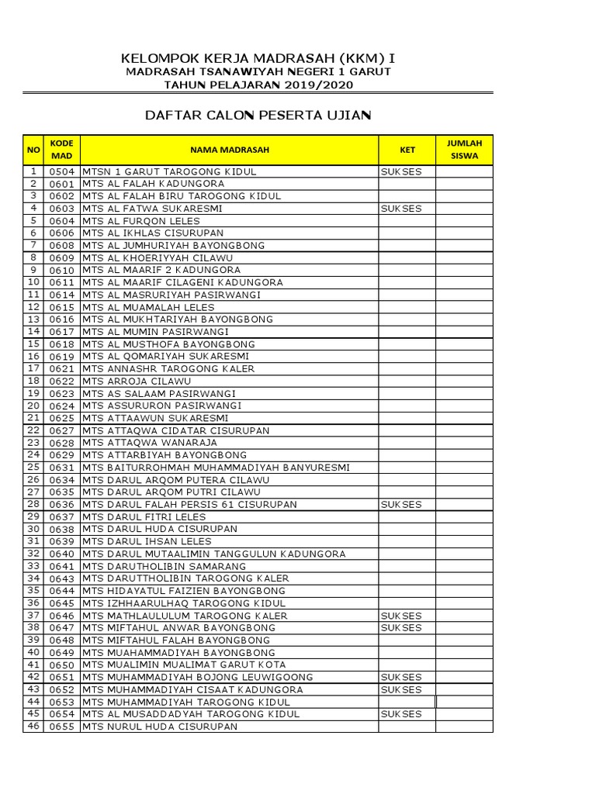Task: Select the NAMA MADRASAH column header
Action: (x=229, y=150)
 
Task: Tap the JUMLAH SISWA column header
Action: (x=464, y=150)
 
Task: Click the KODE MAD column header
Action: (x=61, y=150)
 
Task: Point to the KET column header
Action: (x=407, y=150)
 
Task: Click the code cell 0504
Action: (x=61, y=171)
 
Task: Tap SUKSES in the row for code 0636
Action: (x=400, y=505)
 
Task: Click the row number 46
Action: (x=33, y=727)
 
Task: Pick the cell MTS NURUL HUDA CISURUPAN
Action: (x=160, y=727)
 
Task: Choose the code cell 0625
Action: (x=61, y=419)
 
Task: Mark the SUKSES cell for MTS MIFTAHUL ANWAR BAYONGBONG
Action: (x=400, y=628)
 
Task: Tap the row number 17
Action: (x=33, y=368)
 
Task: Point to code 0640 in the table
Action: (x=61, y=554)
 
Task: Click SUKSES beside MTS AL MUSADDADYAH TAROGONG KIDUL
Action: (x=400, y=714)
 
